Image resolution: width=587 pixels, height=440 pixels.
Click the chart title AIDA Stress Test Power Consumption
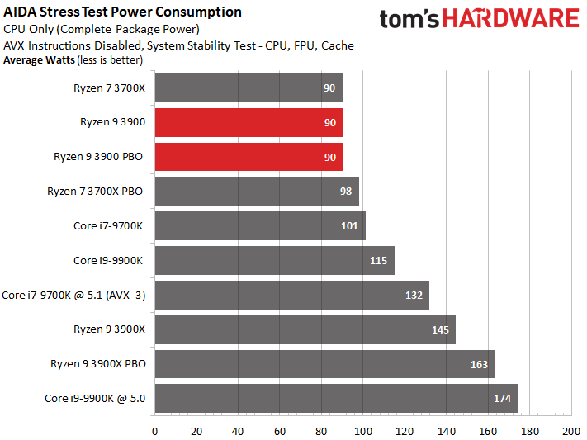click(x=122, y=12)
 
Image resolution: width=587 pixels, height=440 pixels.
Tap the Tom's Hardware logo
click(x=480, y=18)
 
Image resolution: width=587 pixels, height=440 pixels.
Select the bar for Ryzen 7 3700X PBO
click(x=257, y=192)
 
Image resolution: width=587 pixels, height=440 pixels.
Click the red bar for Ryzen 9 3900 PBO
click(x=249, y=157)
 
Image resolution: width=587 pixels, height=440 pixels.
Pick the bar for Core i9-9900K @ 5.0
click(x=336, y=398)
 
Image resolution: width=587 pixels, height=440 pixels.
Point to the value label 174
click(x=502, y=399)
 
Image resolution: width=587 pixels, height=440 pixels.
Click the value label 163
click(x=479, y=364)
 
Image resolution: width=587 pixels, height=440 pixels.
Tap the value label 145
click(x=440, y=330)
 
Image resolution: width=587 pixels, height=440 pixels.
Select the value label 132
click(x=414, y=296)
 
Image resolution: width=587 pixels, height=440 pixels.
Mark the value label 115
click(x=378, y=261)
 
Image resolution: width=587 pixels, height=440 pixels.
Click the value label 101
click(x=349, y=226)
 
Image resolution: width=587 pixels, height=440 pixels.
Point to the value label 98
click(x=346, y=192)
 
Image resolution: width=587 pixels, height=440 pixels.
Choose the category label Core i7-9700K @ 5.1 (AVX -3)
click(x=73, y=296)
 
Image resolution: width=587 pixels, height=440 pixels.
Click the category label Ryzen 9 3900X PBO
click(x=98, y=364)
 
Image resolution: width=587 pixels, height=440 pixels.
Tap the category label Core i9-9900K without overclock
click(x=108, y=261)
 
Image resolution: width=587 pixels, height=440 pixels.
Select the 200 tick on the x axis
click(x=571, y=432)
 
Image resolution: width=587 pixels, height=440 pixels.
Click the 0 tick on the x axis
click(x=154, y=432)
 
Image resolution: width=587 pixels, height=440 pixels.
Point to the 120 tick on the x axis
click(x=405, y=432)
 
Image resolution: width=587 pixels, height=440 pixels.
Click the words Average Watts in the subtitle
click(x=40, y=60)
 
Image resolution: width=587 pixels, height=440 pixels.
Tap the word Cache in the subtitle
click(x=338, y=45)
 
